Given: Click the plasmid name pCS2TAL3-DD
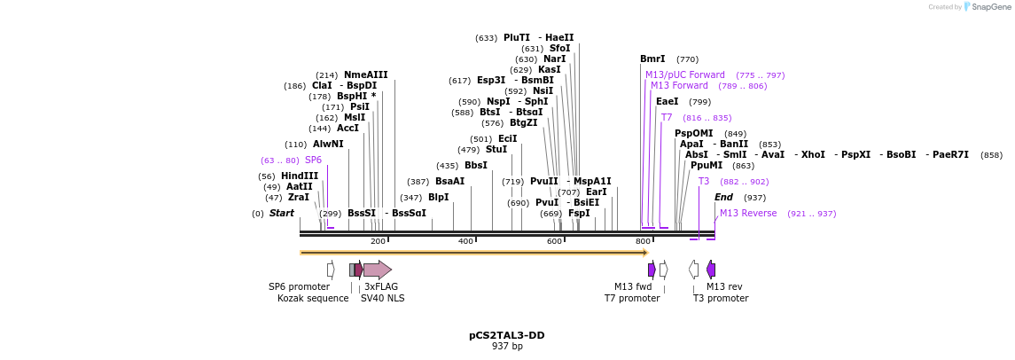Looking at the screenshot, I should coord(506,335).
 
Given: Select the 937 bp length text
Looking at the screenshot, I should coord(506,346).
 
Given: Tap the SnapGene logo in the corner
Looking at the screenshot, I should coord(969,7).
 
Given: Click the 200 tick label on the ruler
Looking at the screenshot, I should coord(378,241).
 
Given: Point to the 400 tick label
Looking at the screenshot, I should coord(465,241).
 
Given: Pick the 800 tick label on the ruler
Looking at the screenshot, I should coord(643,241).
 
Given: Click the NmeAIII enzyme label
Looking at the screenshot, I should coord(365,75).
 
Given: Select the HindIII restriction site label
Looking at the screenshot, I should coord(299,176).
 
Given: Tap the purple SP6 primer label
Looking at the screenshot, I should coord(313,160).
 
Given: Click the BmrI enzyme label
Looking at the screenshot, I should coord(652,59).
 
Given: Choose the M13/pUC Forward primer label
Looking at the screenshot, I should coord(684,75).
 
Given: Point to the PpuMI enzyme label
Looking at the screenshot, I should coord(706,166).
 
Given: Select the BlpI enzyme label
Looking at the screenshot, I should coord(438,198).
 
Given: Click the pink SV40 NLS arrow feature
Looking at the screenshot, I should coord(377,270).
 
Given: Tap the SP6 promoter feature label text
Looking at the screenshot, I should coord(299,286).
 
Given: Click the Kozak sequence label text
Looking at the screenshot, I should coord(313,298).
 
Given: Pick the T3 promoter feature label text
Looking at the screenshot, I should coord(720,298).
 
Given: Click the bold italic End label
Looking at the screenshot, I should coord(723,198).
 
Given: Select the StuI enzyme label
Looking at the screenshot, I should coord(496,150).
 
